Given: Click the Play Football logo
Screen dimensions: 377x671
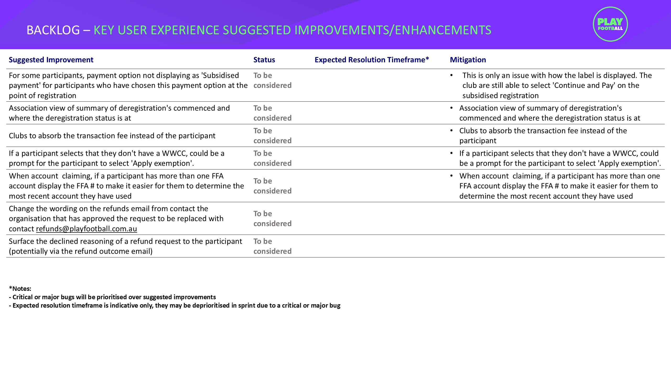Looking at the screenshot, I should tap(610, 24).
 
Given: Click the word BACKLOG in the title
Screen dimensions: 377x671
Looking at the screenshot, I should tap(53, 30).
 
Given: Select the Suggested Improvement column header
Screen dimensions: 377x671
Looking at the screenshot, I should tap(51, 60).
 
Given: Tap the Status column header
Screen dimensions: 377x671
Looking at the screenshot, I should tap(264, 60).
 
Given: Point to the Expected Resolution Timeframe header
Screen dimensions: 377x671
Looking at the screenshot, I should tap(372, 60).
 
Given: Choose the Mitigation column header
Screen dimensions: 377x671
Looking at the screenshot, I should tap(468, 60).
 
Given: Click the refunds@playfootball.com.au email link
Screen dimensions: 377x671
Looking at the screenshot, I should tap(86, 229).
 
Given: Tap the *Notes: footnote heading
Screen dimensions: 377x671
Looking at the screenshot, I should tap(20, 289).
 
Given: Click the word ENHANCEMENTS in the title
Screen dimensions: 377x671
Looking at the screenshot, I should tap(443, 30).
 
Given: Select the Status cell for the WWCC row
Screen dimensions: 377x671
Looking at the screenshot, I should tap(272, 158).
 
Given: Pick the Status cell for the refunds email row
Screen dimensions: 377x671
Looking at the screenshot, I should tap(272, 219).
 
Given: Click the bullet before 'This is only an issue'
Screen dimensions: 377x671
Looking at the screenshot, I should tap(451, 75).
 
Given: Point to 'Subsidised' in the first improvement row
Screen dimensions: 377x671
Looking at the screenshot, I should tap(220, 75).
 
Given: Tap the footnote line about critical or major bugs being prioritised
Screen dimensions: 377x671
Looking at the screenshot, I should tap(113, 297).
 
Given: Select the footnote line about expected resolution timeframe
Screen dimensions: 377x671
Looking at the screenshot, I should tap(175, 305).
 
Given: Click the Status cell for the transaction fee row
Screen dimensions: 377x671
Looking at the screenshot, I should tap(272, 136).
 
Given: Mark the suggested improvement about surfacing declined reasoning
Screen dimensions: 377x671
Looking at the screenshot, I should tap(125, 246).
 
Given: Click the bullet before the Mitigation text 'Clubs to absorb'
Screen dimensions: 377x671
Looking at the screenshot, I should tap(451, 131).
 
